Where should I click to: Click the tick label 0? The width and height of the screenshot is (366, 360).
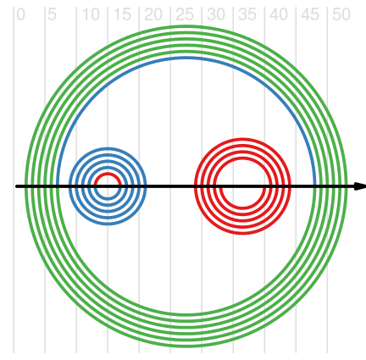pos(20,14)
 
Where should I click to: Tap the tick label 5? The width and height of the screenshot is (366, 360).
pos(52,14)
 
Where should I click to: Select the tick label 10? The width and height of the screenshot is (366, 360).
pos(91,14)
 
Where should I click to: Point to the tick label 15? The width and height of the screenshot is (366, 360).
pos(122,14)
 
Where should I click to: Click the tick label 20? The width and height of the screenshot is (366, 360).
pos(153,14)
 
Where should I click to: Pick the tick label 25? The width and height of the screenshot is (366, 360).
pos(185,14)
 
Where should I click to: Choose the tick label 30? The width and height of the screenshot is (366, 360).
pos(216,14)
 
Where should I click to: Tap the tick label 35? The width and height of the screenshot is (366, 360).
pos(247,14)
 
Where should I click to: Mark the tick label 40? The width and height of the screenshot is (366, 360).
pos(279,14)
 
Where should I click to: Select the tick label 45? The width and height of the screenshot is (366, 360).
pos(310,14)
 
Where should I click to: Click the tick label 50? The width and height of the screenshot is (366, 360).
pos(341,14)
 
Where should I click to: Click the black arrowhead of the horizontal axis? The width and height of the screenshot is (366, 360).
pos(360,186)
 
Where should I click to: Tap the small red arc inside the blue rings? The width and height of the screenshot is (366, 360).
pos(108,174)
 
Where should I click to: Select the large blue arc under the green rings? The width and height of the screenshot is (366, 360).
pos(186,58)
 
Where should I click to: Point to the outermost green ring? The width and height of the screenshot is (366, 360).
pos(186,26)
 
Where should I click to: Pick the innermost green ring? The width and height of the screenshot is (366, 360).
pos(186,53)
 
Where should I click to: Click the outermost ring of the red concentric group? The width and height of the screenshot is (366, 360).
pos(242,139)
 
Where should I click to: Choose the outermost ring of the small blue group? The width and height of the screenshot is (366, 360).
pos(108,148)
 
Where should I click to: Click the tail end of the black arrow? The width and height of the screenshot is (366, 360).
pos(16,186)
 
